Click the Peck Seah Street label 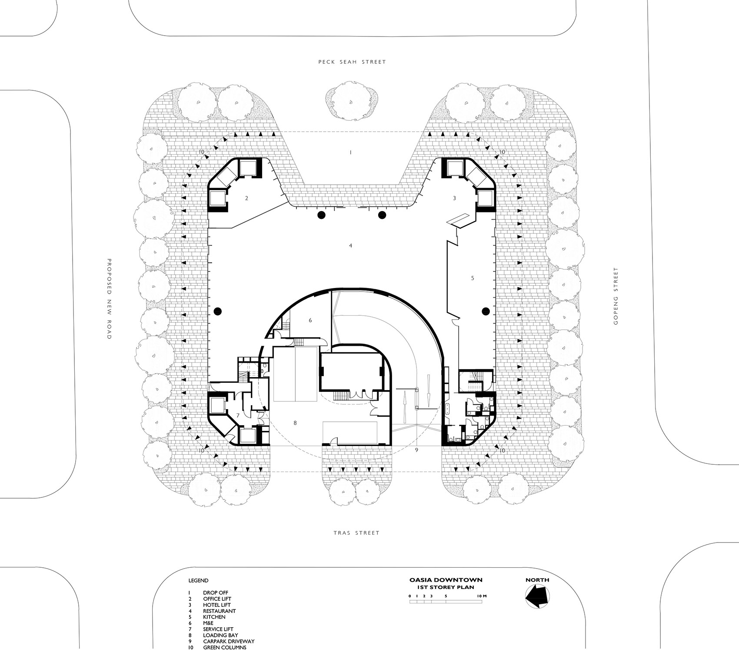click(352, 62)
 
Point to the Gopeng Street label click(615, 296)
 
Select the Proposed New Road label click(110, 299)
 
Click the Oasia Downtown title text click(446, 579)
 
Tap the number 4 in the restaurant click(350, 246)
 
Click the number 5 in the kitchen click(473, 278)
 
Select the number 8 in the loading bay click(295, 422)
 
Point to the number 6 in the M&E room click(310, 320)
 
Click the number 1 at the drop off click(350, 152)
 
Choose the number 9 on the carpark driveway click(416, 450)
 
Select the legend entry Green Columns click(224, 647)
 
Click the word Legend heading click(198, 580)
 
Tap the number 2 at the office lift click(246, 199)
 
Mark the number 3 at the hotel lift click(454, 199)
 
